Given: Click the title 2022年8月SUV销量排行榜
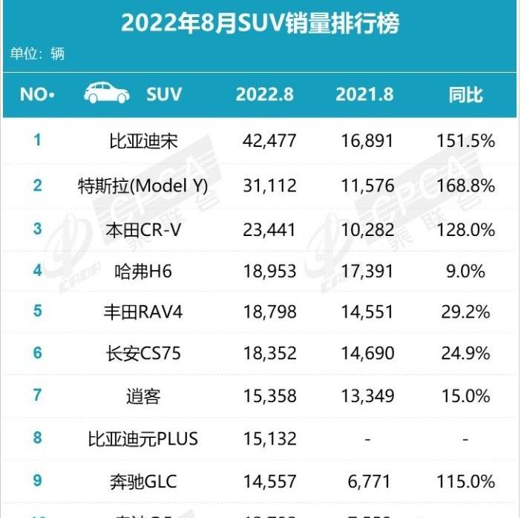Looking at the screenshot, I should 260,24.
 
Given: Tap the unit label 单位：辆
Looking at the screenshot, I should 37,54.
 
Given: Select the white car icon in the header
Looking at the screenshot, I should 107,94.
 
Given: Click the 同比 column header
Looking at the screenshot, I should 465,94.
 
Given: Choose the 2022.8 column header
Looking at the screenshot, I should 265,94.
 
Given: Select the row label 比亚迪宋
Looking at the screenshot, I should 142,141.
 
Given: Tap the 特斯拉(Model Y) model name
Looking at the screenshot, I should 142,185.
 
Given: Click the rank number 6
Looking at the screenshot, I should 37,354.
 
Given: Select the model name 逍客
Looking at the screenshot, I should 142,396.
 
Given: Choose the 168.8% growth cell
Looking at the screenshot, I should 465,185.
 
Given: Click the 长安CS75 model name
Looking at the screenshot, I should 142,354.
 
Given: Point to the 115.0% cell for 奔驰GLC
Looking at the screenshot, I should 465,481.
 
